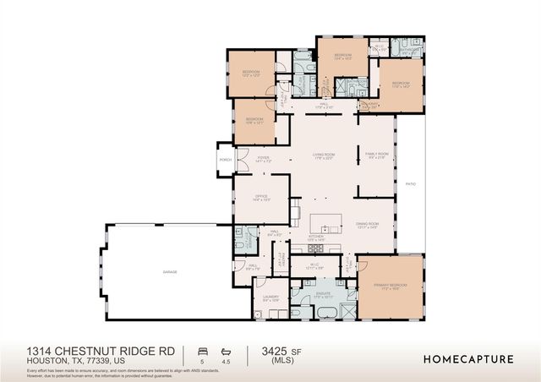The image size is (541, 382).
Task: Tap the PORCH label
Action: click(226, 159)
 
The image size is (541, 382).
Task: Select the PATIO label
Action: click(411, 183)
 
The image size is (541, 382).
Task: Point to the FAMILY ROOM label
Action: click(374, 155)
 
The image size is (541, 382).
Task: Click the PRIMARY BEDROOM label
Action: click(390, 286)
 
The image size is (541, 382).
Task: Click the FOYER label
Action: click(263, 158)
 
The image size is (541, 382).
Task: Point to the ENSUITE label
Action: click(323, 296)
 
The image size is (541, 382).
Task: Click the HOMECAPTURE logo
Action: click(467, 358)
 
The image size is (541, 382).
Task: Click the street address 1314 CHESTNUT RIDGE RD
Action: click(101, 350)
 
